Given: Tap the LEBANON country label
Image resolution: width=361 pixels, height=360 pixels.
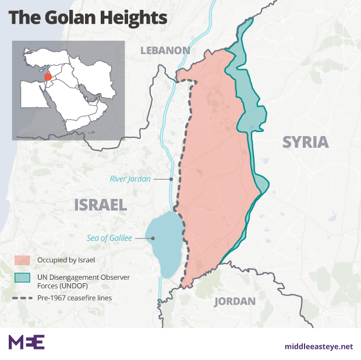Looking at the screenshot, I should tap(165, 51).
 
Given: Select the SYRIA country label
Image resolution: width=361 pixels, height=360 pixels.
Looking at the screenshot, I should tap(305, 142).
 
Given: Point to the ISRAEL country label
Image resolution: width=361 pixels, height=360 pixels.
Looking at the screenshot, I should tap(100, 205).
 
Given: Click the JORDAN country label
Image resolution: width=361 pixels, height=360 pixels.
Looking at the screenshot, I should tap(235, 301).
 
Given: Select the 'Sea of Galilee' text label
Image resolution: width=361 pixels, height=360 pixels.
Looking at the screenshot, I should tap(109, 238).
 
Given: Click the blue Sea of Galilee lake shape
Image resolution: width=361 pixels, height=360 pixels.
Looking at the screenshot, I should tap(164, 244).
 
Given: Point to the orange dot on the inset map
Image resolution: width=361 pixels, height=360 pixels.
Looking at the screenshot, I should tap(48, 76).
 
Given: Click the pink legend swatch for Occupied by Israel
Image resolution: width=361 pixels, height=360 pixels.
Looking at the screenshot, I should tap(22, 259).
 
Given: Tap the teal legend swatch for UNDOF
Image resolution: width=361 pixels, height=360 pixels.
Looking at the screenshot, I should tap(22, 277).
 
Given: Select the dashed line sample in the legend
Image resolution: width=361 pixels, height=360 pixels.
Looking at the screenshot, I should tap(22, 298).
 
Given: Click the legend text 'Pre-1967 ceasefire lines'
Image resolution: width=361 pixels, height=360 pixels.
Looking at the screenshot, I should tap(74, 298).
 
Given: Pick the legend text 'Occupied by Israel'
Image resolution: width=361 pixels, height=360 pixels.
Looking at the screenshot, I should tap(66, 259).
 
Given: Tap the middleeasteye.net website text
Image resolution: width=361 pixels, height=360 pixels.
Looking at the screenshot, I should tap(318, 347).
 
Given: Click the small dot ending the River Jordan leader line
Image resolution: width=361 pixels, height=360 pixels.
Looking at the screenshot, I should tap(171, 179).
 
